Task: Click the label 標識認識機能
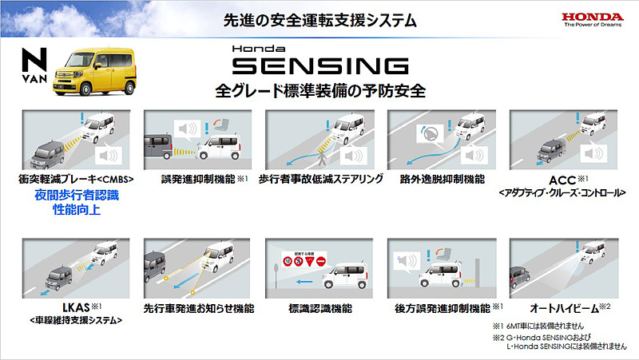[319, 307]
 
